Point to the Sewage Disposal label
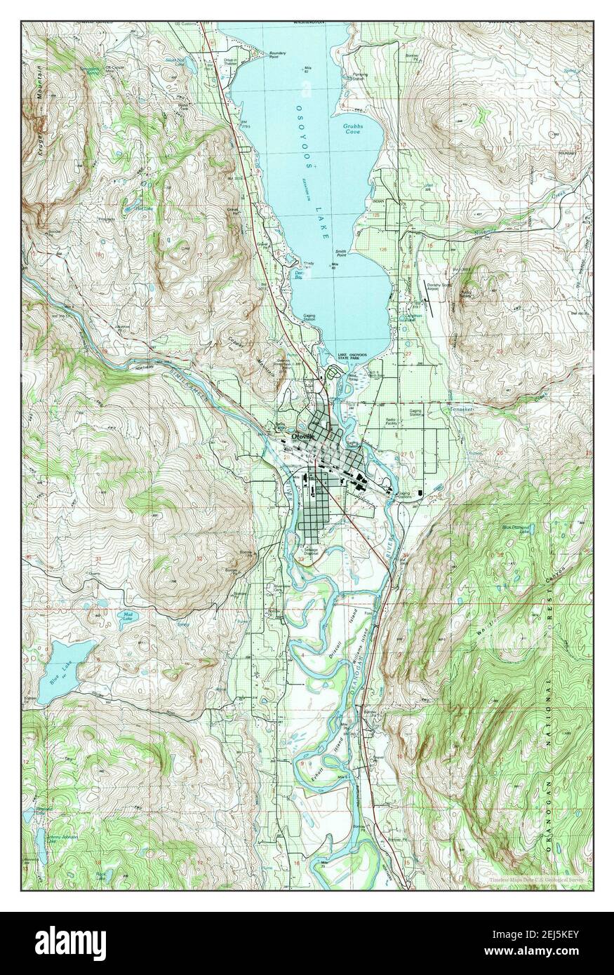(311, 551)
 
